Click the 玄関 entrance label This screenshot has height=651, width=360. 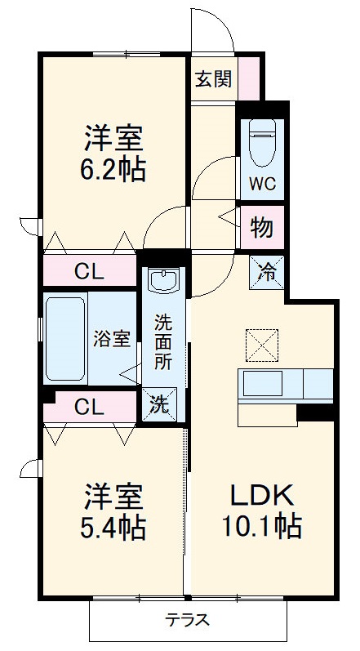tap(213, 79)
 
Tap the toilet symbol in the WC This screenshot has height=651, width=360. tap(263, 144)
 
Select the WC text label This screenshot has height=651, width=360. tap(263, 183)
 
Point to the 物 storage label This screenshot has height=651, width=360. tap(262, 228)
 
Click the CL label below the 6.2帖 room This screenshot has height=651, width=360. tap(89, 272)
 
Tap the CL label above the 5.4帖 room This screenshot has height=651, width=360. tap(89, 406)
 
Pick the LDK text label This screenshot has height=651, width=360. tap(260, 495)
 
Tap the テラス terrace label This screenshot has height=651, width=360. tap(188, 619)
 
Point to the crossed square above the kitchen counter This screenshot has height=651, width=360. tap(261, 344)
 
